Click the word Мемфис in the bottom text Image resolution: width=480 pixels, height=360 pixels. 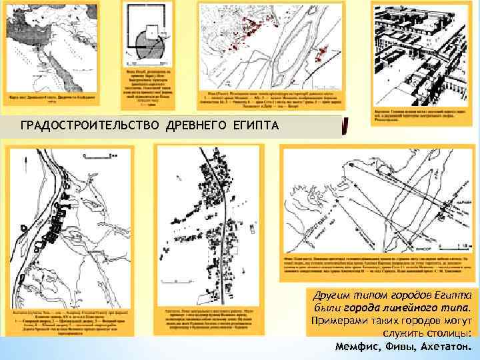click(x=360, y=347)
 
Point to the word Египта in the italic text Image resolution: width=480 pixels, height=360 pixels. click(x=455, y=295)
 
